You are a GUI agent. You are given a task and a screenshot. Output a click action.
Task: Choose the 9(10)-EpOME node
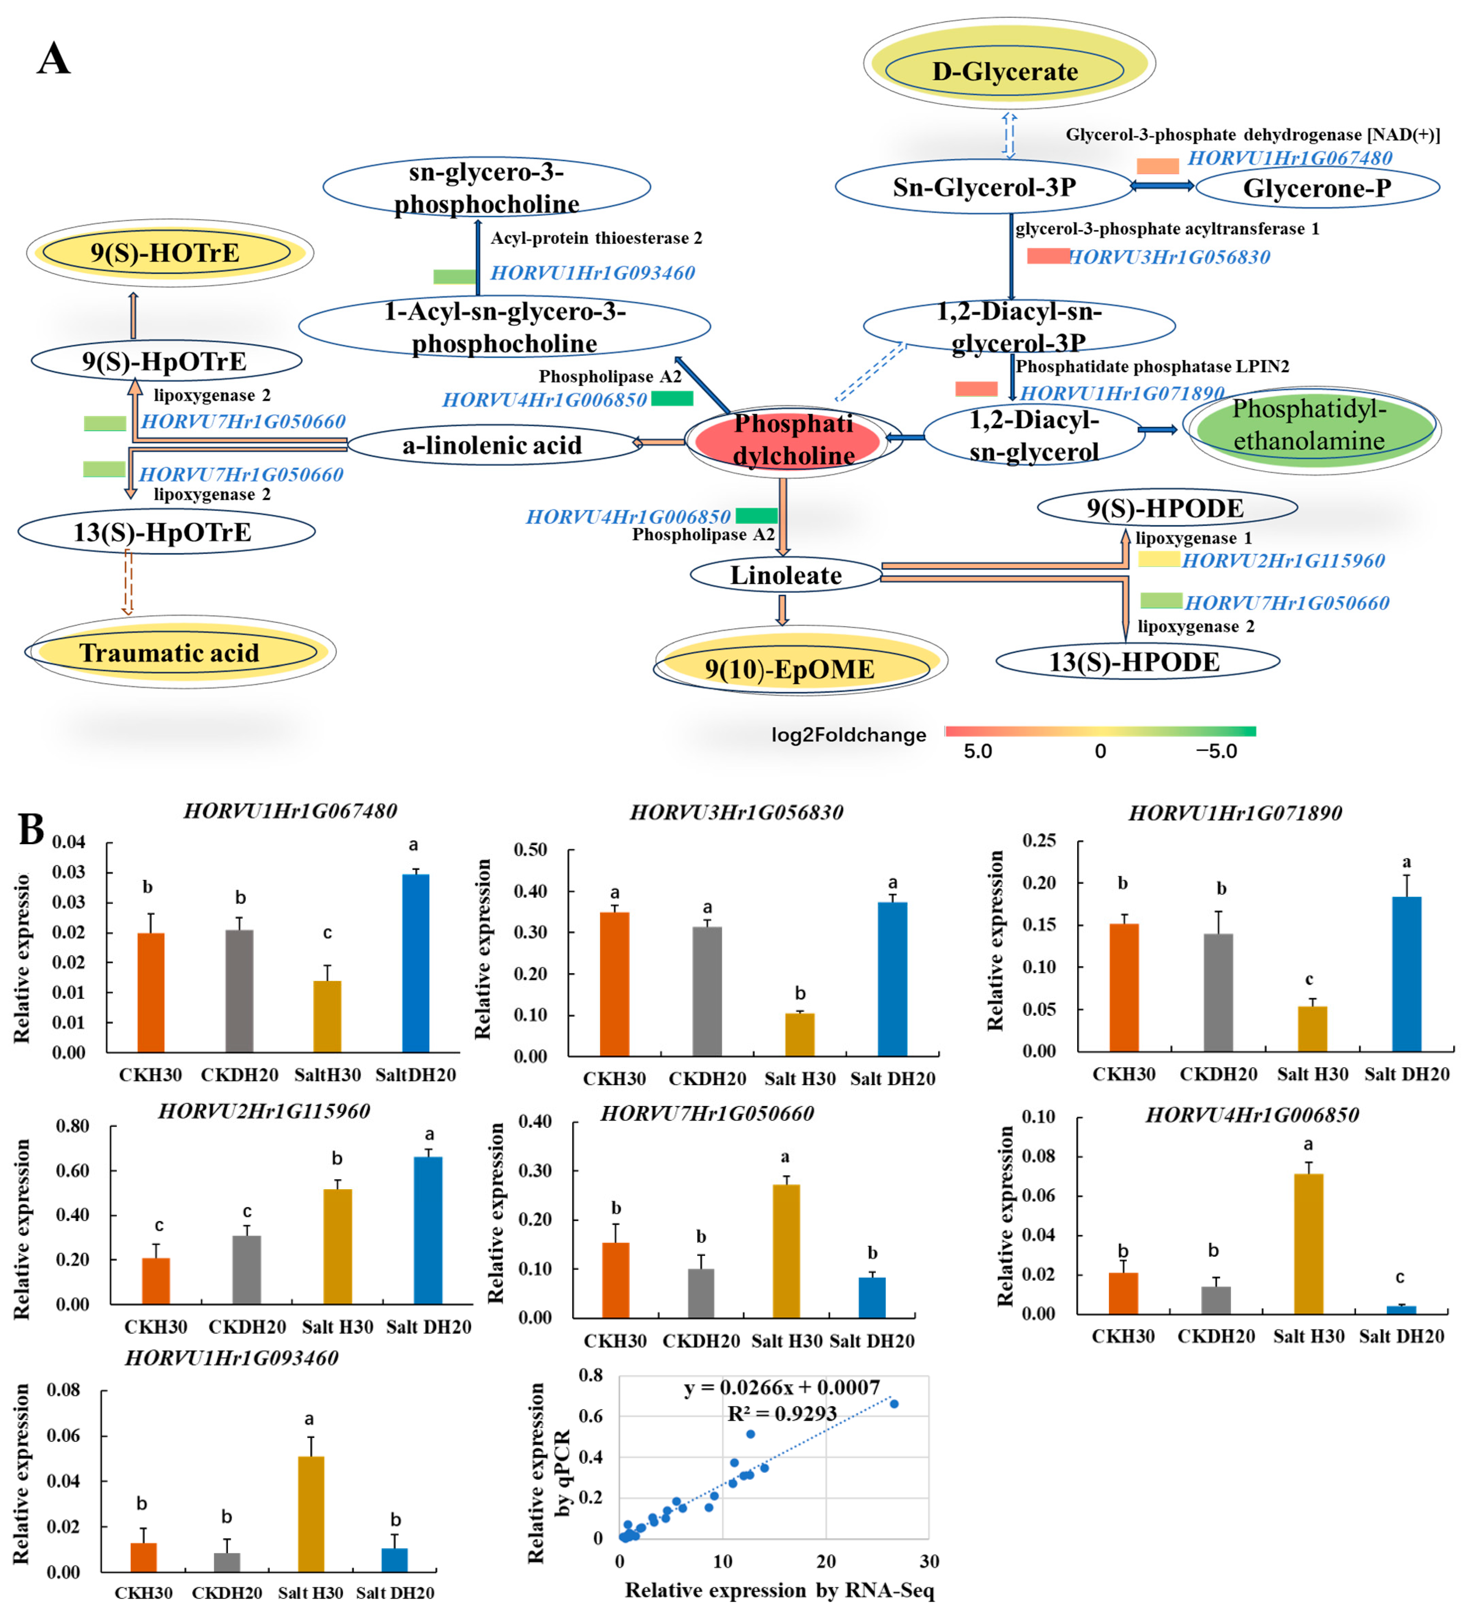[790, 668]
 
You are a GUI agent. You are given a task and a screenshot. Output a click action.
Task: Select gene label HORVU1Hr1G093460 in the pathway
[593, 273]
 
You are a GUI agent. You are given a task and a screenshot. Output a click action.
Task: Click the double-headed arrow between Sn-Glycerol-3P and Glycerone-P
[1162, 186]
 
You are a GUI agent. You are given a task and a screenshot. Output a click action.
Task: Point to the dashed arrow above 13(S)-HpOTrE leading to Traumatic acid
[127, 582]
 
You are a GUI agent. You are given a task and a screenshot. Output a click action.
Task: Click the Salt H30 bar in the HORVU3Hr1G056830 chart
[799, 1035]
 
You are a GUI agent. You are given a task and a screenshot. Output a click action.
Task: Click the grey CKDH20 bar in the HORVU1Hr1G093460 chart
[227, 1562]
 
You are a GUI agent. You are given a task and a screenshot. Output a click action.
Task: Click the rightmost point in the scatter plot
[894, 1404]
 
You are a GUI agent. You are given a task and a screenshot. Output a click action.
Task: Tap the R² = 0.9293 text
[782, 1414]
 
